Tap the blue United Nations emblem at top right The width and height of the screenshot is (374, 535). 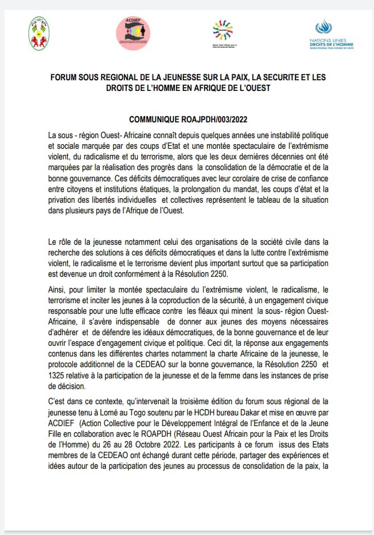click(324, 26)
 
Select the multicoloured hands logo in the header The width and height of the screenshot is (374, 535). click(223, 29)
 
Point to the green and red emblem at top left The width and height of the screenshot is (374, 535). click(39, 32)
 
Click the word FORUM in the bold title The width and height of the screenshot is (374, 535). click(63, 77)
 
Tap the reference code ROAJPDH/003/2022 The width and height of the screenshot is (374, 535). click(212, 120)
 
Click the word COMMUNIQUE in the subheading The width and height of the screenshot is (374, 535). click(154, 120)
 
